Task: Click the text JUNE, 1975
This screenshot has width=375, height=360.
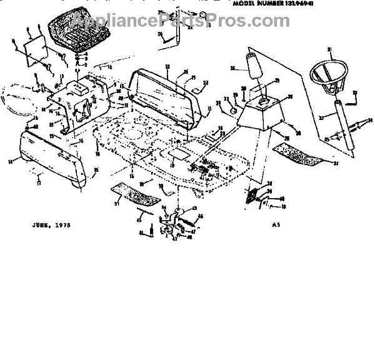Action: [x=49, y=223]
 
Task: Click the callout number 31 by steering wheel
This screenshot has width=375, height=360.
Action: [x=330, y=49]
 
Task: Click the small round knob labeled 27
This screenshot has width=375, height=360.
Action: [x=233, y=111]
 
